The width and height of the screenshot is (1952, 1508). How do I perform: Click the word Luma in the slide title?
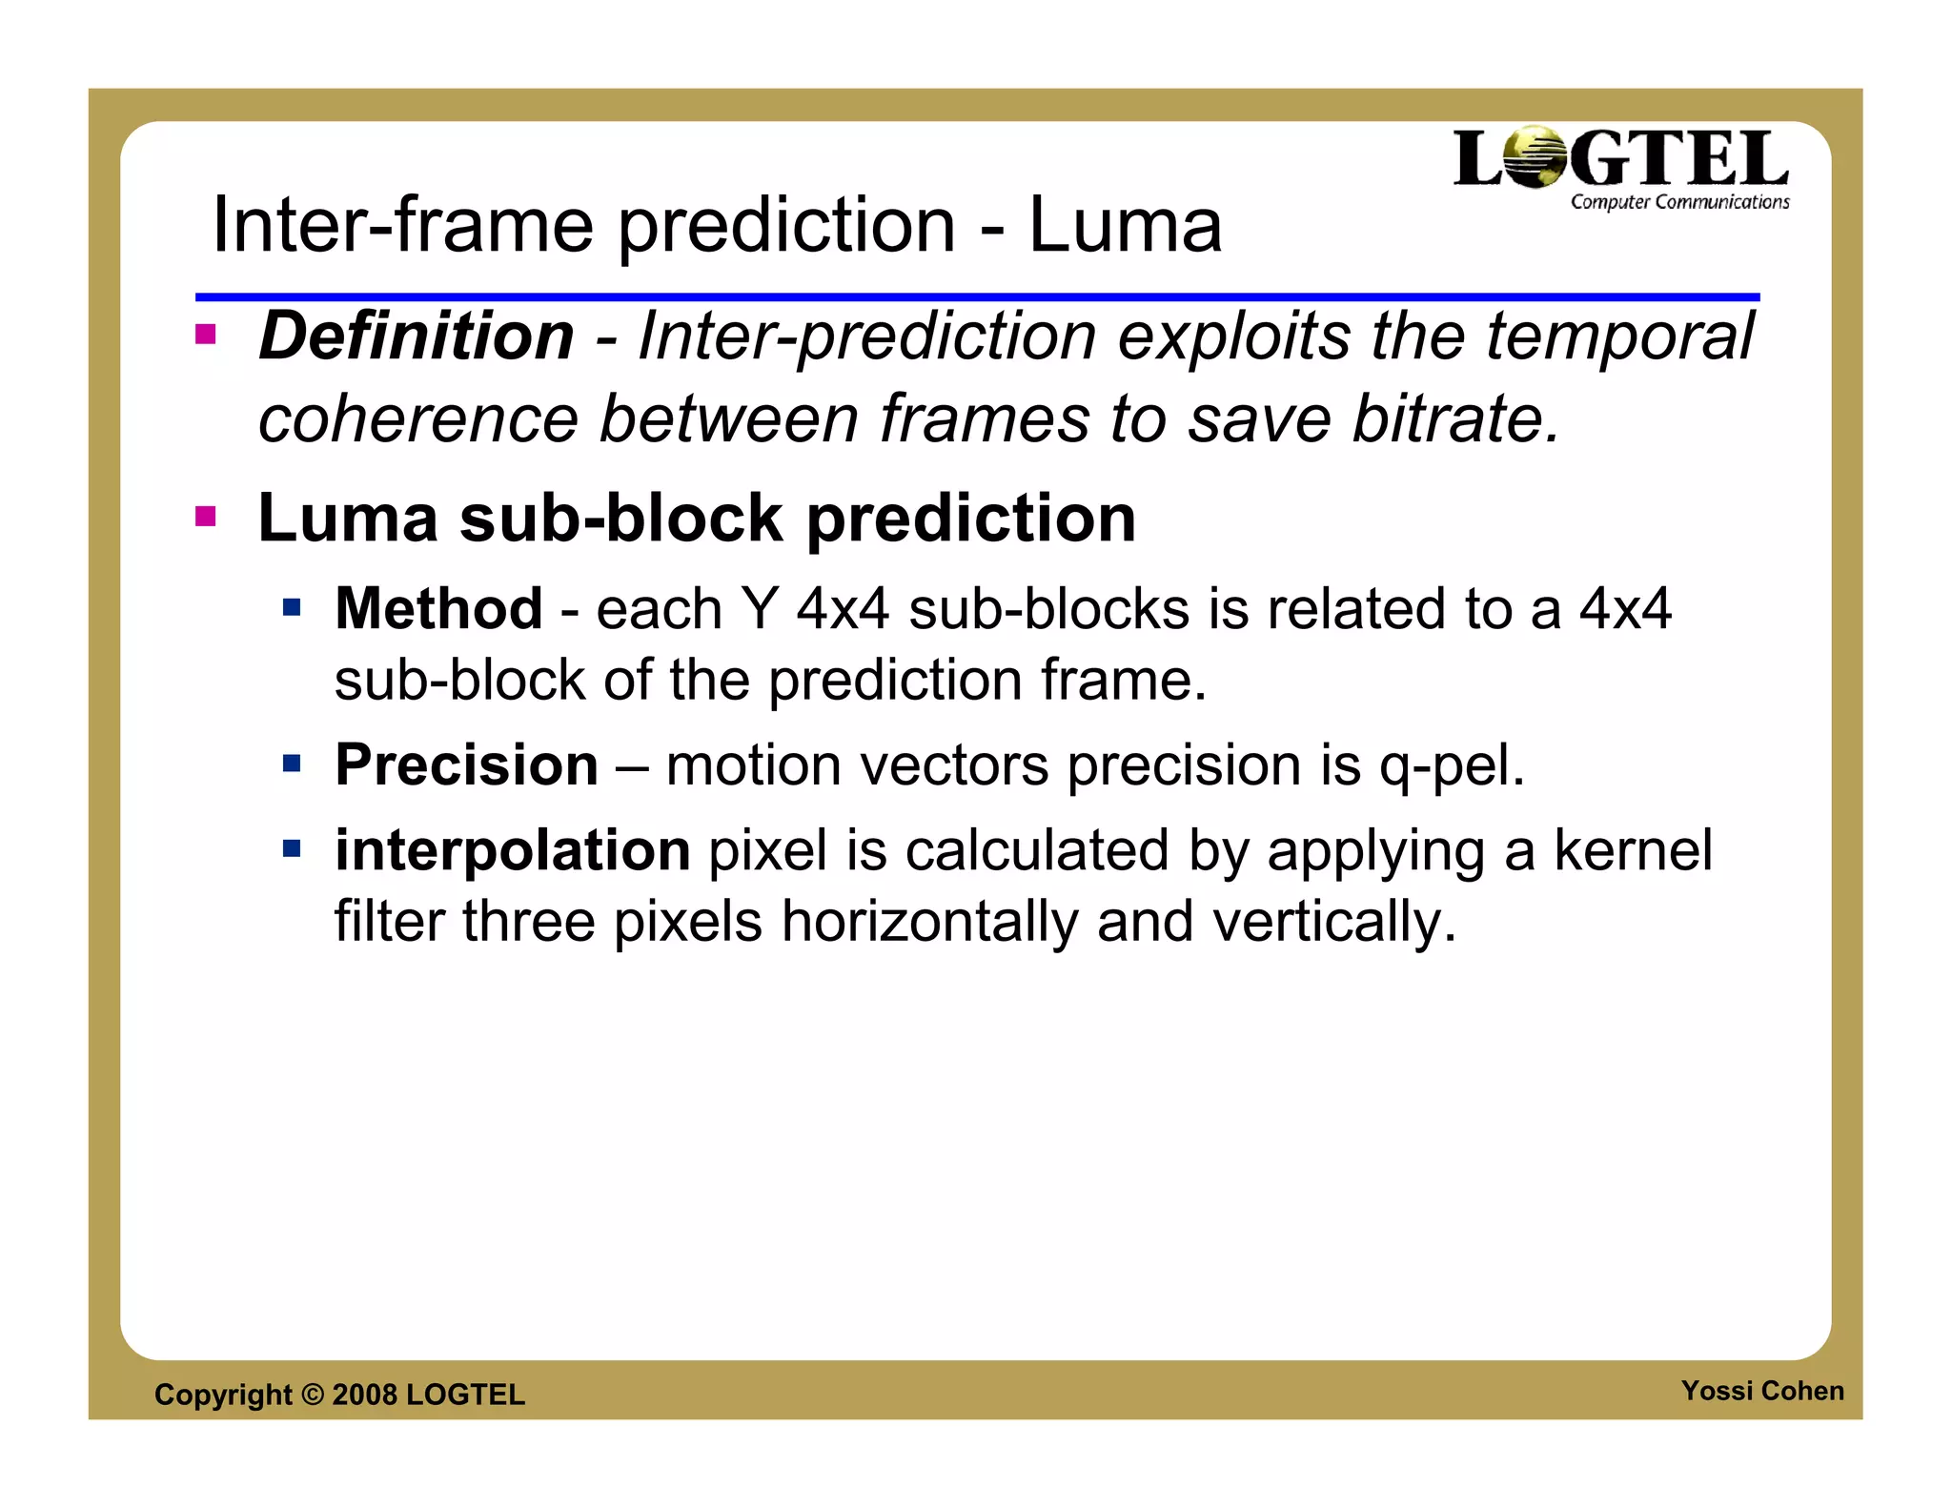pyautogui.click(x=1125, y=225)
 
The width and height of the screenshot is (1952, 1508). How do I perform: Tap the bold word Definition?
pyautogui.click(x=417, y=336)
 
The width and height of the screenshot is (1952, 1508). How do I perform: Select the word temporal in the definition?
pyautogui.click(x=1619, y=336)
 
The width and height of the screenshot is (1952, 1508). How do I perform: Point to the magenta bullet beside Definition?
pyautogui.click(x=205, y=335)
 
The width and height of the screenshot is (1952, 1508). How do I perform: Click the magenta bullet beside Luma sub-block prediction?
pyautogui.click(x=205, y=517)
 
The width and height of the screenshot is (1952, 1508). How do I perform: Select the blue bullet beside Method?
pyautogui.click(x=292, y=607)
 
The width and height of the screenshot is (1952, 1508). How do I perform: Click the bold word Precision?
pyautogui.click(x=466, y=764)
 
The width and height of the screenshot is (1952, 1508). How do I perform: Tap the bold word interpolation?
pyautogui.click(x=512, y=850)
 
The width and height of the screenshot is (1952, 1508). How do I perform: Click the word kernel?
pyautogui.click(x=1633, y=850)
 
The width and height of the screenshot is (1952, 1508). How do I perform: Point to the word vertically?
pyautogui.click(x=1333, y=923)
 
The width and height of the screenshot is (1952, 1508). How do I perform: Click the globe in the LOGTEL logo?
pyautogui.click(x=1534, y=158)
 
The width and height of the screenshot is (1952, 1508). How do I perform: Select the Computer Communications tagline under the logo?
pyautogui.click(x=1679, y=202)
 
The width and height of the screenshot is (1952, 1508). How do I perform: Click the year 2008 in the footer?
pyautogui.click(x=364, y=1395)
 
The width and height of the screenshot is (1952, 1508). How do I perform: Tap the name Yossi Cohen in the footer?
pyautogui.click(x=1762, y=1391)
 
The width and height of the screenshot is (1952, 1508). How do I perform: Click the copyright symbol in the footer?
pyautogui.click(x=313, y=1395)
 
